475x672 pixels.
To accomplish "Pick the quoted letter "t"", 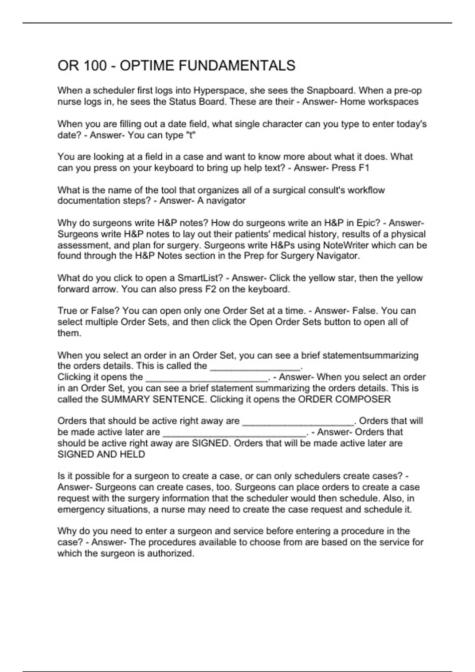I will tap(190, 135).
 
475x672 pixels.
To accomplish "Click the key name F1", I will tap(364, 168).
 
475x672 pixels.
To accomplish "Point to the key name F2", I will tap(211, 289).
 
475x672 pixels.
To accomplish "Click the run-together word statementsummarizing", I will tap(370, 355).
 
